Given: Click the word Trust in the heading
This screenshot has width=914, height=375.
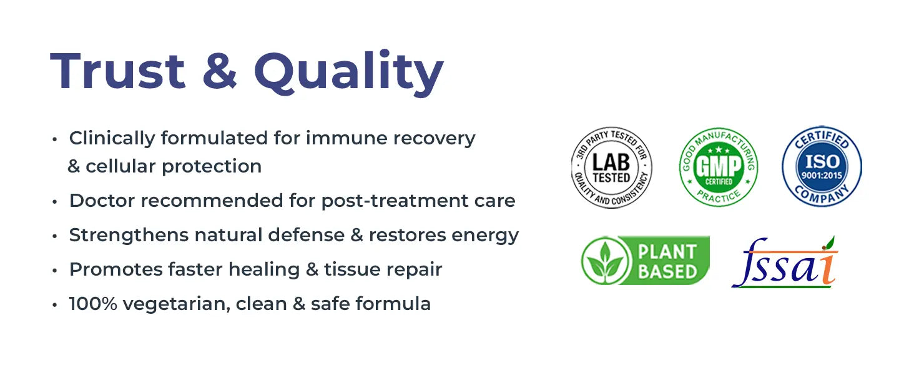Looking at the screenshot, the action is tap(118, 71).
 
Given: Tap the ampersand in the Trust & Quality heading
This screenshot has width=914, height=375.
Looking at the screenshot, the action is tap(220, 71).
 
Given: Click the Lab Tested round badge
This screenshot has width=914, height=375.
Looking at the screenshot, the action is tap(611, 167).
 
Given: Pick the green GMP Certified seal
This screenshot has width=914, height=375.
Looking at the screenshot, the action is tap(719, 167).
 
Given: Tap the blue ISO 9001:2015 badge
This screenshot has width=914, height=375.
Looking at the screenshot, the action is tap(822, 166).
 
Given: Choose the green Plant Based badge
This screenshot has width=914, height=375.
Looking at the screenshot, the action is tap(646, 261).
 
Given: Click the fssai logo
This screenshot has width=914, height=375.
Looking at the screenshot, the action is tap(785, 262).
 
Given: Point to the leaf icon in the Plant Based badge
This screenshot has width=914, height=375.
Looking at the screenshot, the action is tap(606, 261).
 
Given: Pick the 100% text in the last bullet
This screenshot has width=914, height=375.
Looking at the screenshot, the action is tap(93, 304).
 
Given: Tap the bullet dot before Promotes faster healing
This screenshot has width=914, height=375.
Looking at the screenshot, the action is tap(55, 271).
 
